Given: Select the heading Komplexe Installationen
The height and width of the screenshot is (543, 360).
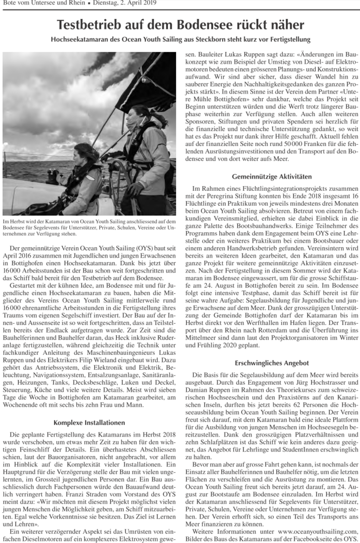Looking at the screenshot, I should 89,422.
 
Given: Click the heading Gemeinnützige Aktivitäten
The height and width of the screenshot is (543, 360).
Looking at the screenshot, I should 272,176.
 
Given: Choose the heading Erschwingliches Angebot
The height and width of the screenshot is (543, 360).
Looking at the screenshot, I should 272,363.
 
